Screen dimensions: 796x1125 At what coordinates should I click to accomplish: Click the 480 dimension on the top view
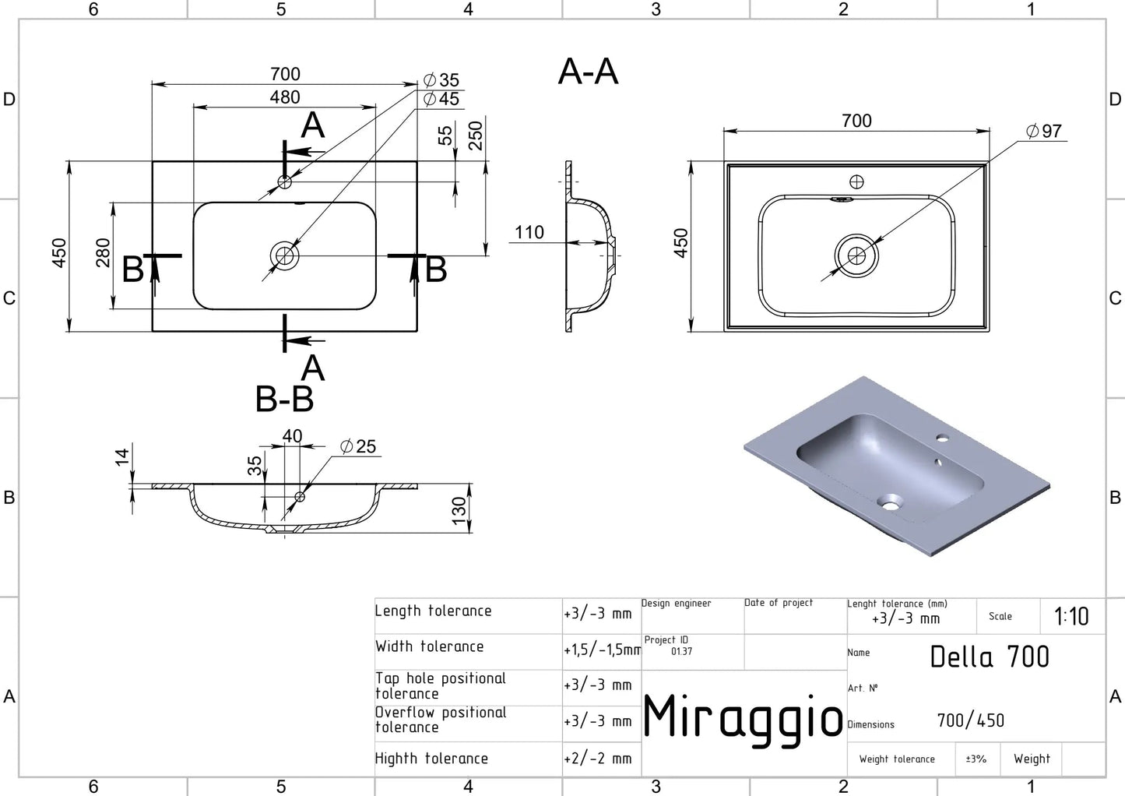(x=285, y=97)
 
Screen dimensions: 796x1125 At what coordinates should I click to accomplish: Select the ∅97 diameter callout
(x=1044, y=132)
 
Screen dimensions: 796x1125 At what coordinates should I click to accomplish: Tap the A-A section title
(x=589, y=72)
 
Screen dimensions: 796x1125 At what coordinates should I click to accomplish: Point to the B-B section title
(x=284, y=400)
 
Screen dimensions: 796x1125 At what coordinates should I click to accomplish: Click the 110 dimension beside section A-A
(x=529, y=232)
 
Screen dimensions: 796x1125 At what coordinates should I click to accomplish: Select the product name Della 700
(x=990, y=657)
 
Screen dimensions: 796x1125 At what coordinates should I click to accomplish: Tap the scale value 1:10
(x=1071, y=617)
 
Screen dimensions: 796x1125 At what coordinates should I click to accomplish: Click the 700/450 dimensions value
(x=970, y=720)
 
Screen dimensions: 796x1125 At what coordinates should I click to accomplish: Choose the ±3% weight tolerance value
(x=976, y=759)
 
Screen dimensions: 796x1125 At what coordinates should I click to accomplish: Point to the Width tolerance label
(x=429, y=646)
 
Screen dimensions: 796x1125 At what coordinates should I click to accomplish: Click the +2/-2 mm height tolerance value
(x=598, y=759)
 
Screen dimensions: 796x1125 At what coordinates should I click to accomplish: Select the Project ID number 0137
(x=681, y=651)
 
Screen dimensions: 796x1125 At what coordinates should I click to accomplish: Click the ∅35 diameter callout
(x=441, y=80)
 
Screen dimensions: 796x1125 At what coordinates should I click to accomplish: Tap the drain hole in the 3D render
(x=889, y=502)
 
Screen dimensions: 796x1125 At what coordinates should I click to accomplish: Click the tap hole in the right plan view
(x=856, y=182)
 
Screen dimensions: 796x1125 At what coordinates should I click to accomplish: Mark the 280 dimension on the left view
(x=103, y=253)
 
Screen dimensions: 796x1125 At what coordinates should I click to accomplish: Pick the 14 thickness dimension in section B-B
(x=122, y=457)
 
